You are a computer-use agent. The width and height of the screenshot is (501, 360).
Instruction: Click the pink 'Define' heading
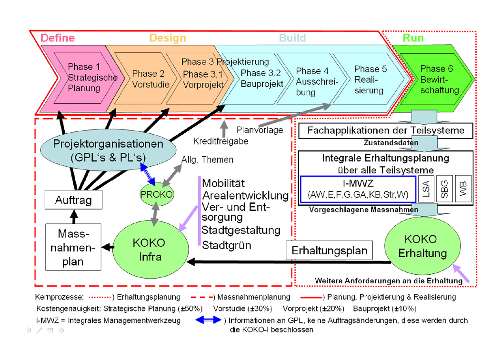[58, 38]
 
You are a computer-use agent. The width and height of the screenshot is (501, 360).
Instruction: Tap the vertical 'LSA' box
[426, 190]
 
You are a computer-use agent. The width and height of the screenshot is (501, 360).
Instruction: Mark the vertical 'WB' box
[462, 190]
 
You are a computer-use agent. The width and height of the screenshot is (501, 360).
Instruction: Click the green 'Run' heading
[413, 38]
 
